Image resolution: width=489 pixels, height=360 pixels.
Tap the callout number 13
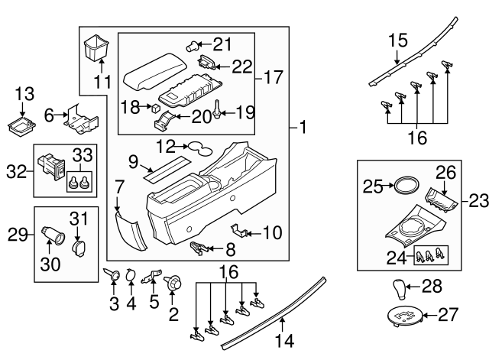[24, 94]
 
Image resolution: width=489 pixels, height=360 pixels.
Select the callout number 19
[244, 113]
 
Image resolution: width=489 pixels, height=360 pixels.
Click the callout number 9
[132, 161]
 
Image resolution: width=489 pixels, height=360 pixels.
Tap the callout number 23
[478, 201]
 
